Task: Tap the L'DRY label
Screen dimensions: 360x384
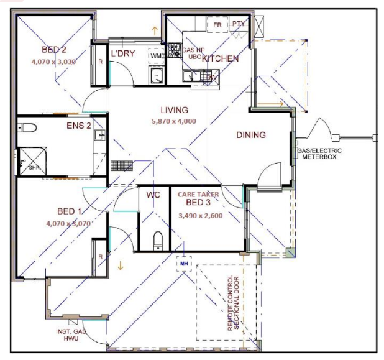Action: (x=123, y=54)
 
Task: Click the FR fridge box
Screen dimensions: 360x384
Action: (x=217, y=24)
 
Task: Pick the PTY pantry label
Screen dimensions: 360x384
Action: (x=238, y=24)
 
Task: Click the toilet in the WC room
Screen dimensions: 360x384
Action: (x=158, y=239)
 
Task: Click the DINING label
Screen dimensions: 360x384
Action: (x=251, y=135)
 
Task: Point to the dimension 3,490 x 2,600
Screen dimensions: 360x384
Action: (x=201, y=216)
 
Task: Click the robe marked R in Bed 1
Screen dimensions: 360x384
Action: (x=100, y=256)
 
